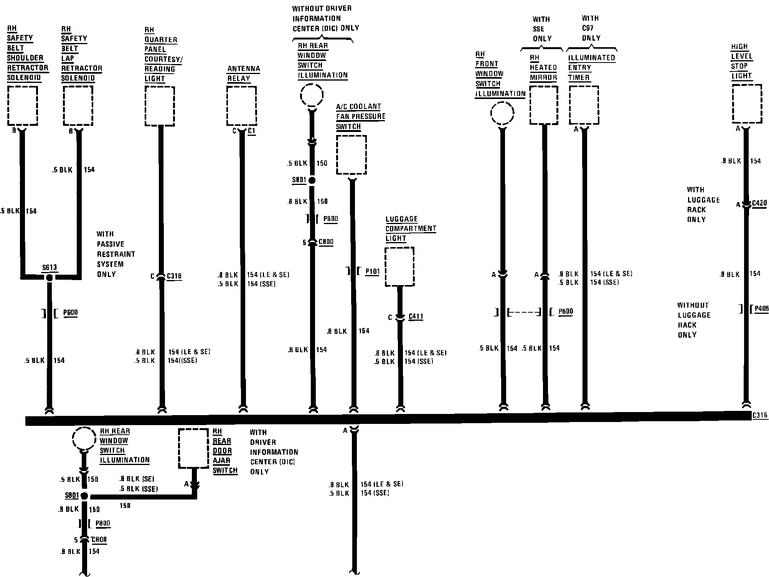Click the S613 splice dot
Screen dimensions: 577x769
click(49, 278)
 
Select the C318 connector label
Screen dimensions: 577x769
click(174, 276)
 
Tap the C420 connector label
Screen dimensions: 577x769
click(759, 203)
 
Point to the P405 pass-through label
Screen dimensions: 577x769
click(761, 309)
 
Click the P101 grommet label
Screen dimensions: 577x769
click(372, 272)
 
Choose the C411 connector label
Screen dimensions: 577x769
click(416, 317)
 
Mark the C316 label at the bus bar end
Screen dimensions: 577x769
click(760, 415)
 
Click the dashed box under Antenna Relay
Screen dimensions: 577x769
click(241, 106)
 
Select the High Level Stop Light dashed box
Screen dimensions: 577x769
click(747, 104)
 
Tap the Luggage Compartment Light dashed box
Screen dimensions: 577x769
click(399, 267)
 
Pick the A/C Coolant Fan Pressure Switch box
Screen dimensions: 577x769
click(351, 155)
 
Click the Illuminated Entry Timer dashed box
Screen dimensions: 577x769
click(584, 105)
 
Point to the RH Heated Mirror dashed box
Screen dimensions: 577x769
click(544, 105)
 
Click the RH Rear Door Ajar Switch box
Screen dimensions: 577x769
click(193, 448)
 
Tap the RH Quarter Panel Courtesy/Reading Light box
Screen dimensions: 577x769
click(160, 106)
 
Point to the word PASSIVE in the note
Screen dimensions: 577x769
click(111, 244)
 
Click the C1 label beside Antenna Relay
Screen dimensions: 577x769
click(251, 131)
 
